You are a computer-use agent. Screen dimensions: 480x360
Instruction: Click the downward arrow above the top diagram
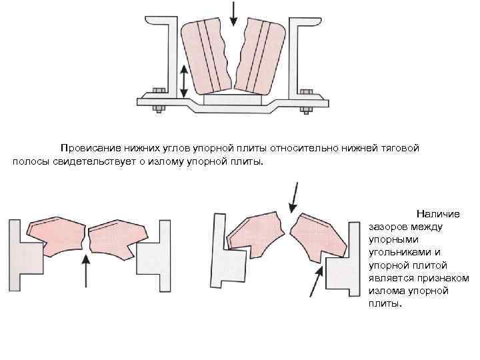click(x=233, y=13)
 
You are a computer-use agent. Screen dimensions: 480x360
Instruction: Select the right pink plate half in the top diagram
click(x=260, y=57)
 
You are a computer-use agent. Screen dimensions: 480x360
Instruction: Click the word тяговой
click(x=399, y=148)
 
